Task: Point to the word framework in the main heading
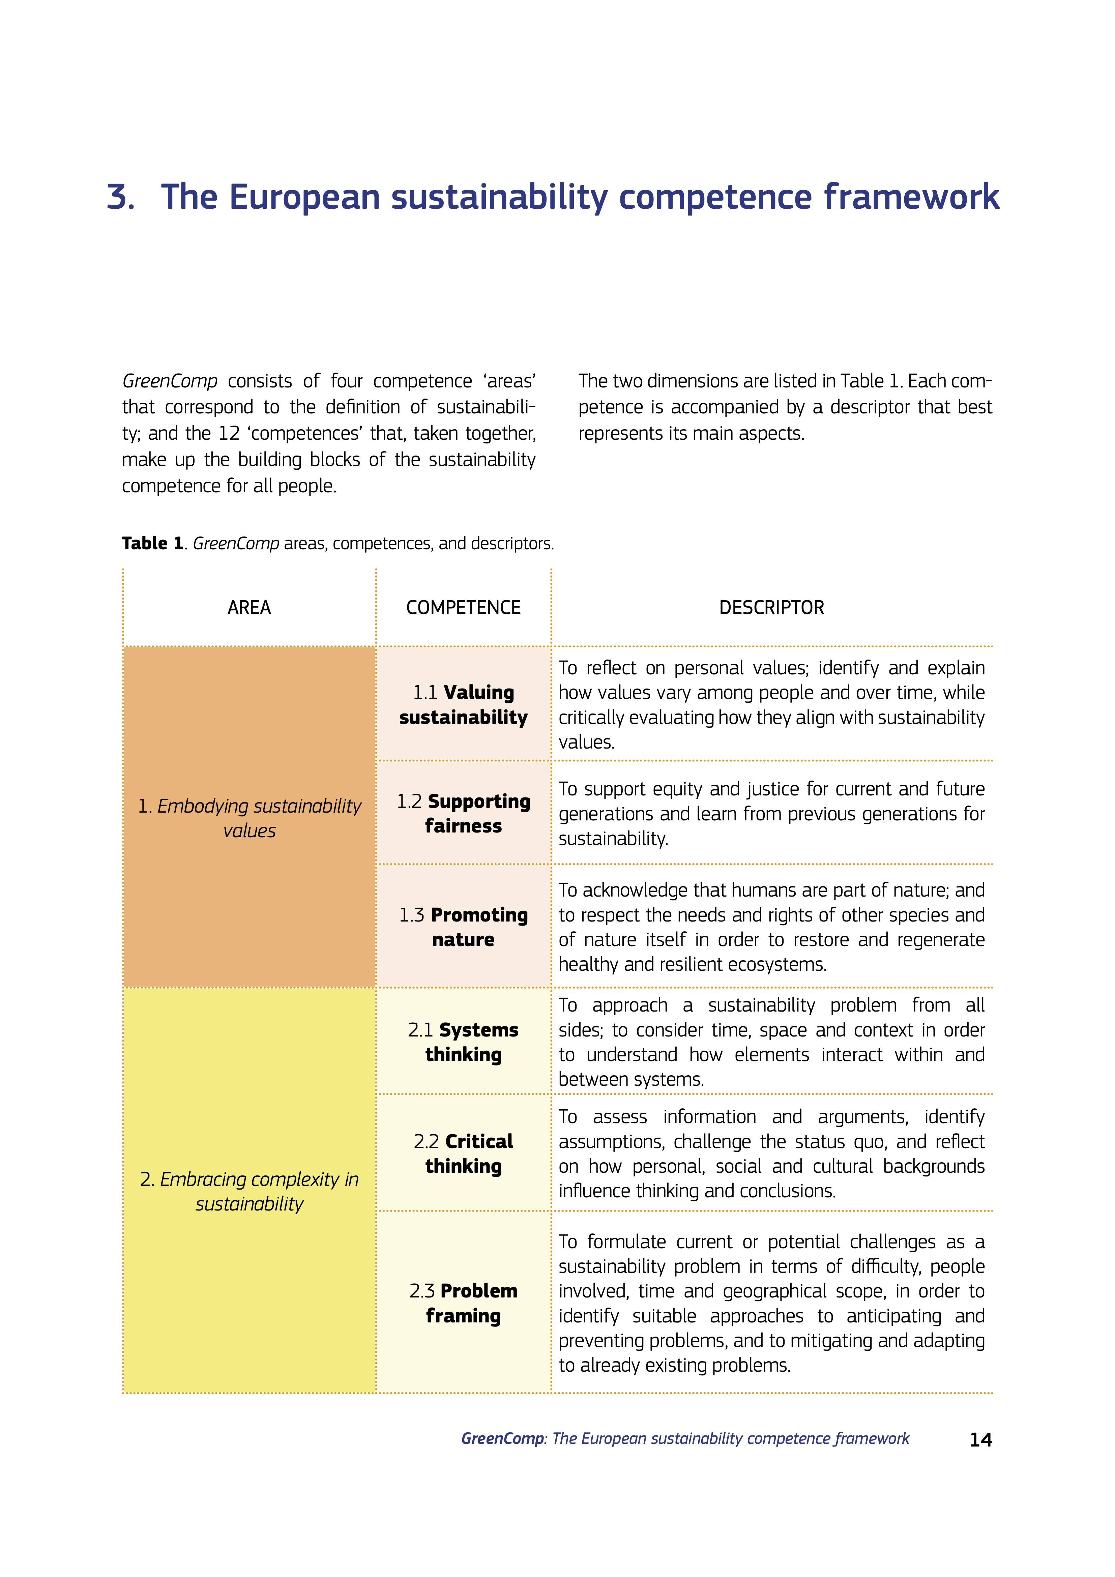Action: pos(911,197)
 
